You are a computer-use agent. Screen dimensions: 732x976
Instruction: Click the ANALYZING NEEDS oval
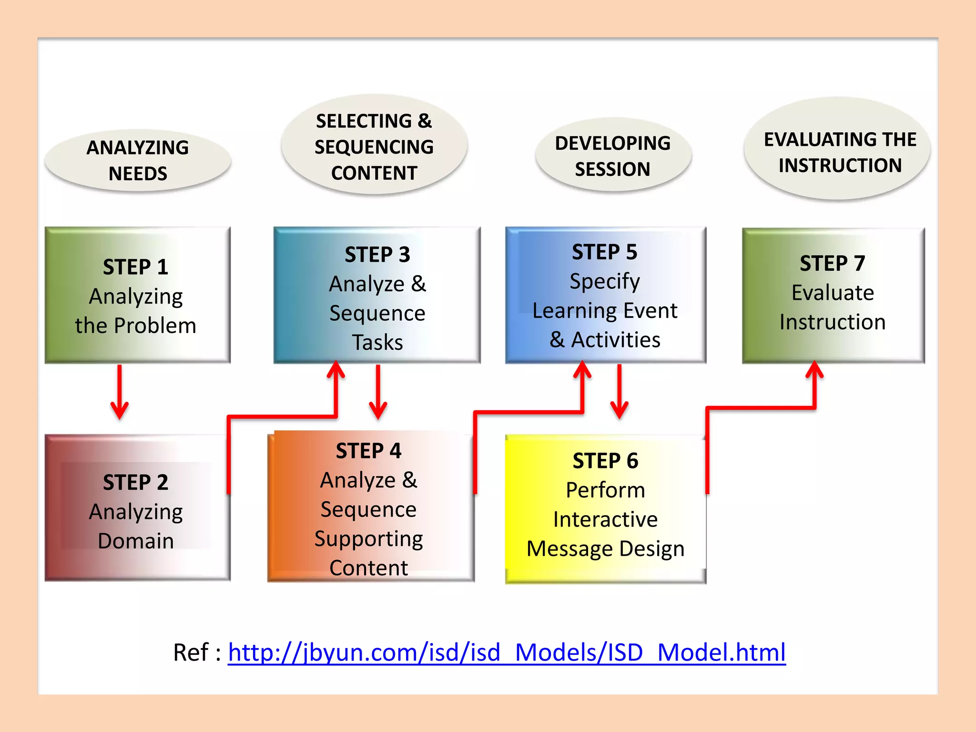pyautogui.click(x=138, y=161)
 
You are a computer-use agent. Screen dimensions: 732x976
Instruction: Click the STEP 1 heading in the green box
pyautogui.click(x=136, y=267)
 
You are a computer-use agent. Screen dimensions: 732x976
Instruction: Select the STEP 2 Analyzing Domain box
pyautogui.click(x=137, y=508)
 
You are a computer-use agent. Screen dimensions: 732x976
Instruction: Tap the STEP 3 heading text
pyautogui.click(x=377, y=254)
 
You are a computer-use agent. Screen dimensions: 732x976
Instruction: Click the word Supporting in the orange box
pyautogui.click(x=368, y=539)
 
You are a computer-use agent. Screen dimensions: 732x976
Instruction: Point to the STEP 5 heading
pyautogui.click(x=604, y=252)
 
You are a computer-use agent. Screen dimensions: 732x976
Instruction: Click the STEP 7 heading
pyautogui.click(x=832, y=264)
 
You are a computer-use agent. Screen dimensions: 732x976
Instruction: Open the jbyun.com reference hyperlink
pyautogui.click(x=506, y=652)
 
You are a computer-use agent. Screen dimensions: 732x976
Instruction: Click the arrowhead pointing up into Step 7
pyautogui.click(x=814, y=371)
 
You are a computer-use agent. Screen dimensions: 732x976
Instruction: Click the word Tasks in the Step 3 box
pyautogui.click(x=377, y=343)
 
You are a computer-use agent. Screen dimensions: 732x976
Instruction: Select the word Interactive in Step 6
pyautogui.click(x=605, y=519)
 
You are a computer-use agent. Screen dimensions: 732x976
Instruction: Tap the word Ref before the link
pyautogui.click(x=191, y=652)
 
